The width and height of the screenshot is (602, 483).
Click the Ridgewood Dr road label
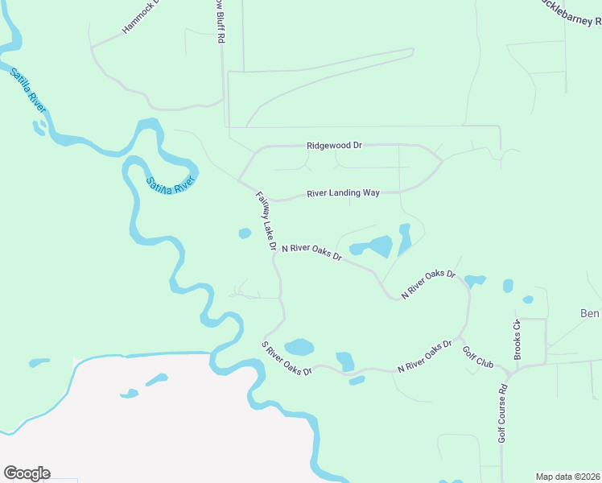334,146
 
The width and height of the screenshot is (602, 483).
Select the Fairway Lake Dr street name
266,220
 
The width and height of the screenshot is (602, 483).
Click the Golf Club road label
477,357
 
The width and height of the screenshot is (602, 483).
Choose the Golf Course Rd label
501,411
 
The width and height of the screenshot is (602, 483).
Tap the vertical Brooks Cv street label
518,339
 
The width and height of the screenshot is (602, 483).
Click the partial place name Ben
591,312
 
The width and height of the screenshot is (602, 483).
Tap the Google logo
27,473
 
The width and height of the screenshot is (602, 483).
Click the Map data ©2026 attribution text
567,476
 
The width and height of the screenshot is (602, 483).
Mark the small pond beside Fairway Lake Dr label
245,234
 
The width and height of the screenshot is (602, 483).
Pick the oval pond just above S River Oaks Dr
299,347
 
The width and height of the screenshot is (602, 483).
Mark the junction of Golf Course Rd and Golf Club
508,373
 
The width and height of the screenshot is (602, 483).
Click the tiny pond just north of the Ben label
527,299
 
